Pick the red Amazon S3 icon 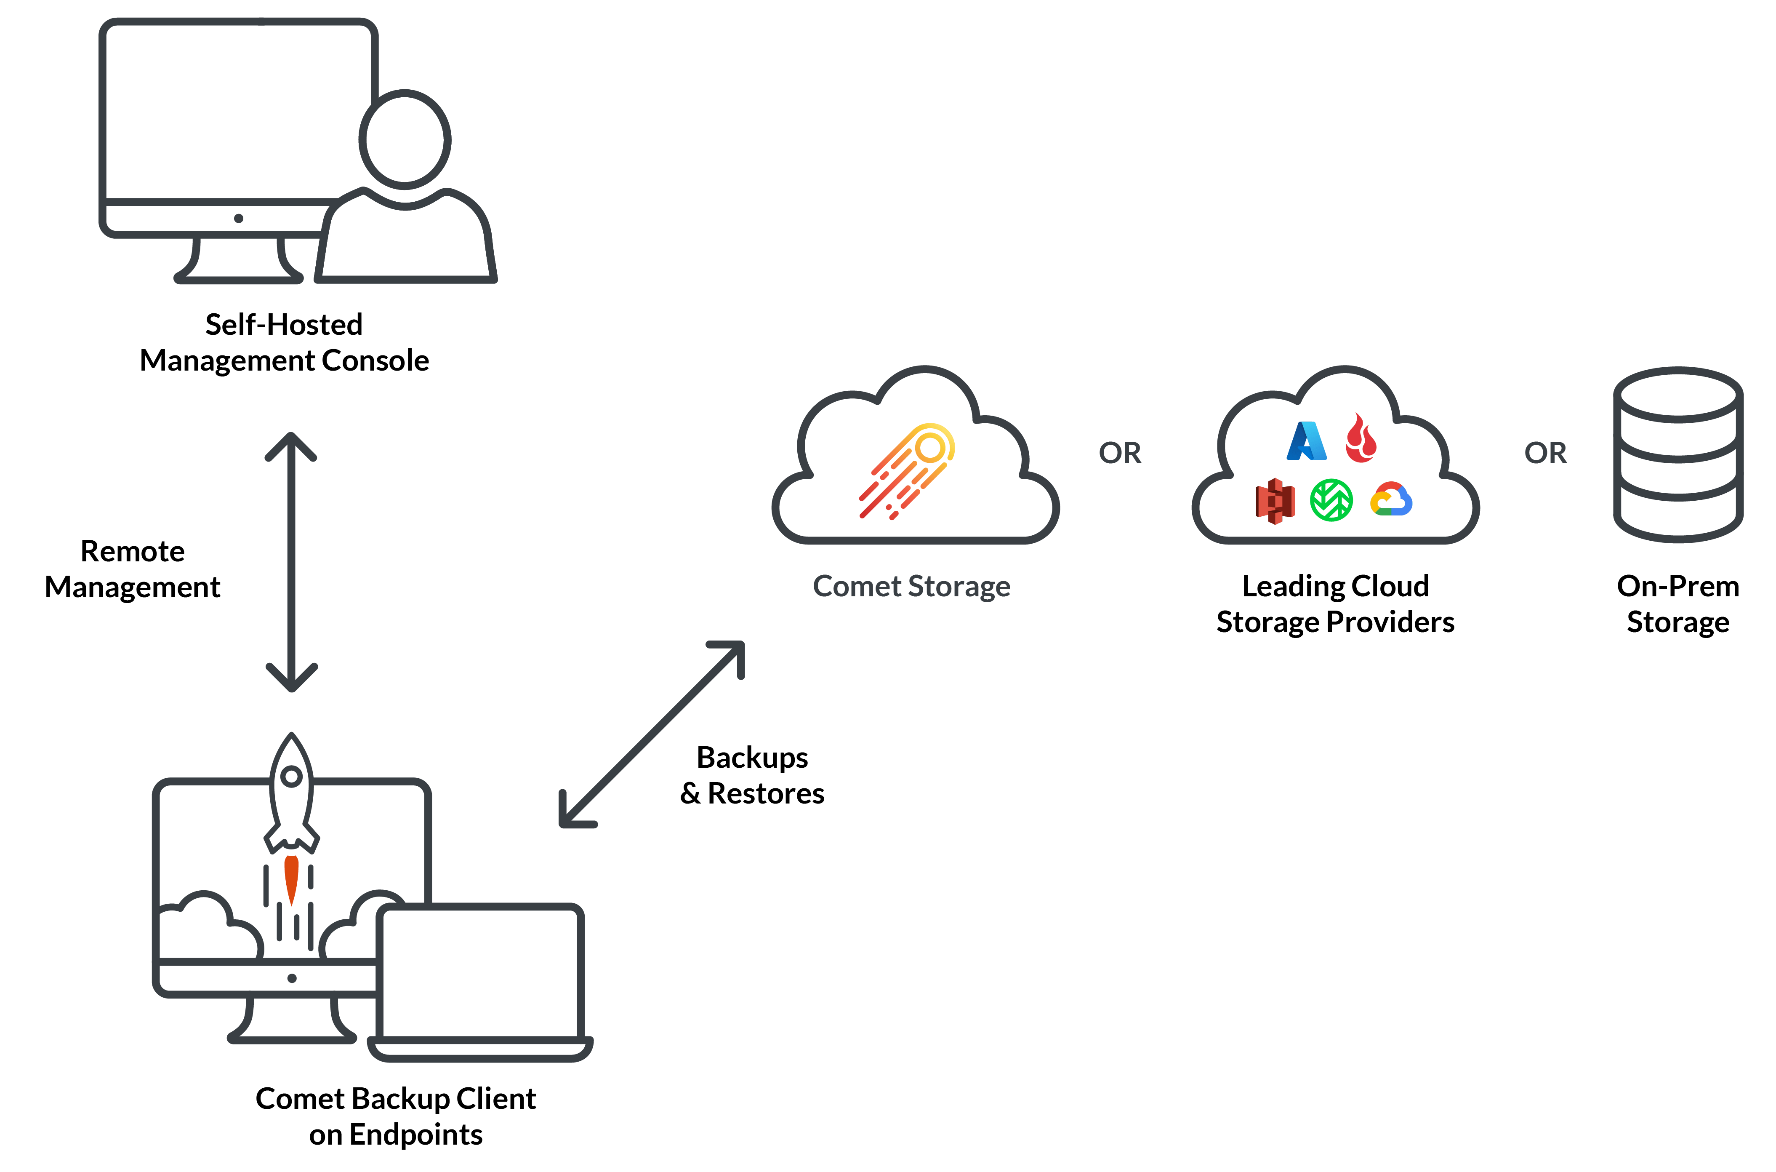coord(1275,501)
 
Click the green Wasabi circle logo coord(1331,500)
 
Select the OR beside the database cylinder coord(1545,453)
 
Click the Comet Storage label coord(911,586)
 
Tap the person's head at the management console coord(405,140)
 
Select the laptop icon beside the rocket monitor coord(480,979)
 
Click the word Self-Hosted coord(284,324)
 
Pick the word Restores coord(766,794)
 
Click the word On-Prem coord(1677,586)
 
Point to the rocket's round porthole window coord(291,776)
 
